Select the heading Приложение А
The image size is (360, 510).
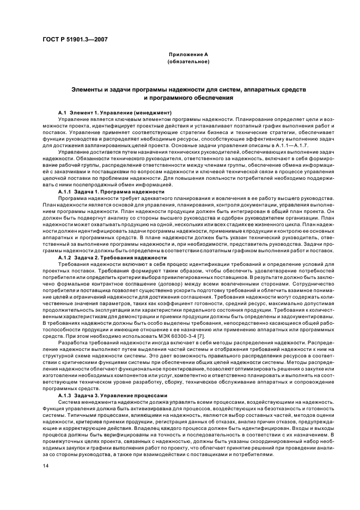coord(188,54)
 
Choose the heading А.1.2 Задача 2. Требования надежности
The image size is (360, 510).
coord(105,257)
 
